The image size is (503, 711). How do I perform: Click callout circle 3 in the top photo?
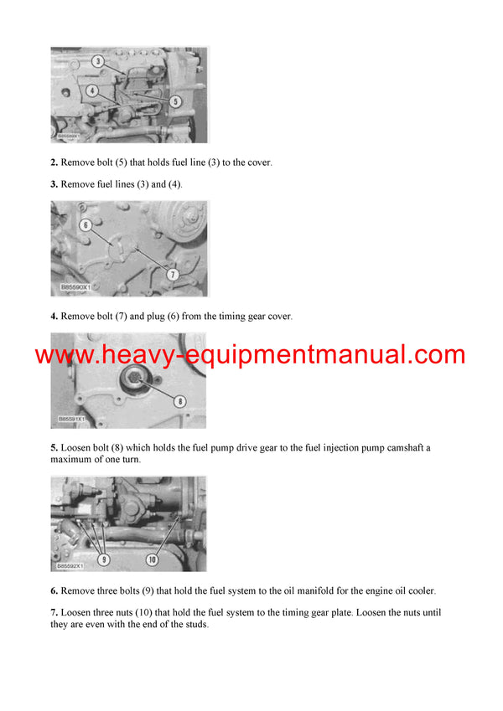98,61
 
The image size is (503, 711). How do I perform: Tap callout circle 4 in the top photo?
91,90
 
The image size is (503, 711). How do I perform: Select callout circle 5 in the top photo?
175,101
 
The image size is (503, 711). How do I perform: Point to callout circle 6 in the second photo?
85,225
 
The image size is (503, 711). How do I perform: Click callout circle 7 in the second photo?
173,274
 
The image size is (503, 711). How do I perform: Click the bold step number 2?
54,162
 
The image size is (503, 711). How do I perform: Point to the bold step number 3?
54,183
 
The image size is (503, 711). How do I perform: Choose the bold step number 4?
54,317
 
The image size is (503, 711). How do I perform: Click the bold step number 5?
54,448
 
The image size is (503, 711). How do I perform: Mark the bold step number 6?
54,591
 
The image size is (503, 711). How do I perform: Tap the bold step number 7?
54,613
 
